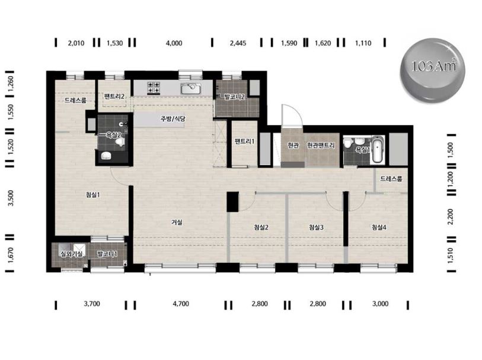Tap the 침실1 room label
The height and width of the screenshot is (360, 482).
(93, 195)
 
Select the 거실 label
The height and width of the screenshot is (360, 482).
(177, 222)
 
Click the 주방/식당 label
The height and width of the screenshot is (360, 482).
(173, 119)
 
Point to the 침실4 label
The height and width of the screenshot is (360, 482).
(379, 227)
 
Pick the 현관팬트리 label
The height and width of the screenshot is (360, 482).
(321, 145)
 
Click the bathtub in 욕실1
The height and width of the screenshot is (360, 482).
(378, 149)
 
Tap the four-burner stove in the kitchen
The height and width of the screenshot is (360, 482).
(154, 87)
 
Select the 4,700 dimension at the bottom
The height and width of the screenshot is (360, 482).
(181, 304)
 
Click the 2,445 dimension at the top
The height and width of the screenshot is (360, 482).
(238, 43)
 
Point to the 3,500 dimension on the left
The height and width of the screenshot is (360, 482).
(11, 198)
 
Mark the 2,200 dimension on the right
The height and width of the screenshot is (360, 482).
(451, 216)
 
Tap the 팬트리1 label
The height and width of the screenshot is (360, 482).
(244, 141)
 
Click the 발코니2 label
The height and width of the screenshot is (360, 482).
(234, 97)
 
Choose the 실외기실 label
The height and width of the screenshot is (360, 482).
(71, 254)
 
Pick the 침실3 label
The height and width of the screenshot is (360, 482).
(316, 227)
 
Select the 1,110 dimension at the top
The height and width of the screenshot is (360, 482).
(363, 43)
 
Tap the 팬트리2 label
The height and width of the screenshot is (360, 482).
(114, 96)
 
